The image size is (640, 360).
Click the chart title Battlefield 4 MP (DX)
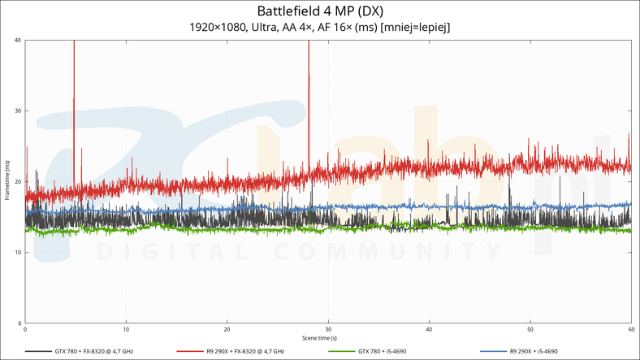coord(319,11)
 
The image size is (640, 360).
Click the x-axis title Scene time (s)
coord(319,337)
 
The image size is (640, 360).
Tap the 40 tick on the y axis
coord(17,41)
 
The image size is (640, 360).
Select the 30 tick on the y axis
coord(17,111)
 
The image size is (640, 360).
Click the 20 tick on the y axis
coord(17,182)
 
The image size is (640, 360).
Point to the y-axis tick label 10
coord(17,253)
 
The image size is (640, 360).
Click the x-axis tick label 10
coord(126,329)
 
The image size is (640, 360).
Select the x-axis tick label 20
coord(227,329)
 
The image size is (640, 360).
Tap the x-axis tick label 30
coord(328,329)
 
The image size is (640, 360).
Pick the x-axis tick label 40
coord(429,329)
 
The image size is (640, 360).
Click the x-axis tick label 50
coord(530,329)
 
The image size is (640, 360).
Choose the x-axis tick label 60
coord(630,329)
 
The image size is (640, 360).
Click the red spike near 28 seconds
coord(309,81)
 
